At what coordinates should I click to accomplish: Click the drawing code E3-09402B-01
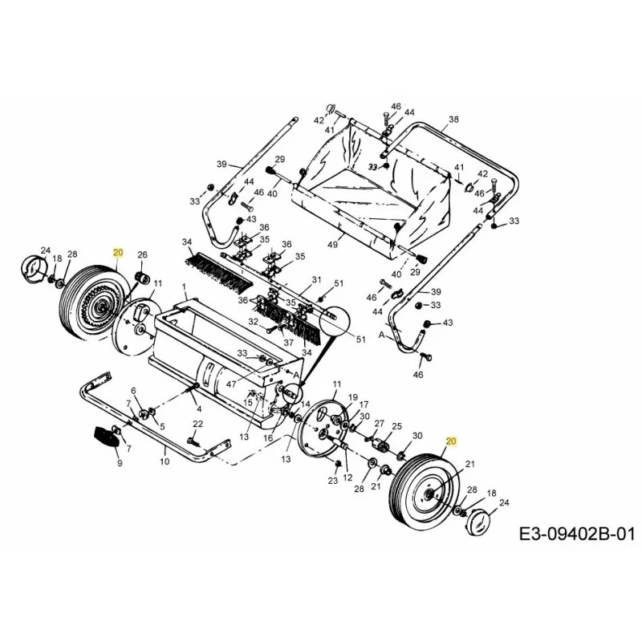coord(577,534)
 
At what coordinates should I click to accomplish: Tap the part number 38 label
coord(453,120)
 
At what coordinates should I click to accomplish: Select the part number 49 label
coord(333,245)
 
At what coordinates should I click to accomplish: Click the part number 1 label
coord(185,286)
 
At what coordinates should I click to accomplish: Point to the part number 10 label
coord(165,461)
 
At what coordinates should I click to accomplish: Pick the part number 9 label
coord(120,464)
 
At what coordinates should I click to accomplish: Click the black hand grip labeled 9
coord(106,437)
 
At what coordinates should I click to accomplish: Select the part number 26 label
coord(142,254)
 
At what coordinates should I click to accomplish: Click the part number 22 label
coord(197,425)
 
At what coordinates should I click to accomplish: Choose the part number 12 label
coord(347,477)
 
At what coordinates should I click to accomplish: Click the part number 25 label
coord(396,426)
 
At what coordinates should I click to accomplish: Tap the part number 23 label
coord(332,480)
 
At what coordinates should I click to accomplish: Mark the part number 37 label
coord(288,343)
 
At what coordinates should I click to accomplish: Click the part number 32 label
coord(254,322)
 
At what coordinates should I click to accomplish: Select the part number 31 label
coord(316,280)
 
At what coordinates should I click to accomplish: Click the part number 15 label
coord(248,403)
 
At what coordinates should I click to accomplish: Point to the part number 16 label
coord(268,437)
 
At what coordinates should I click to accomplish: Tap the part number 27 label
coord(379,424)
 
